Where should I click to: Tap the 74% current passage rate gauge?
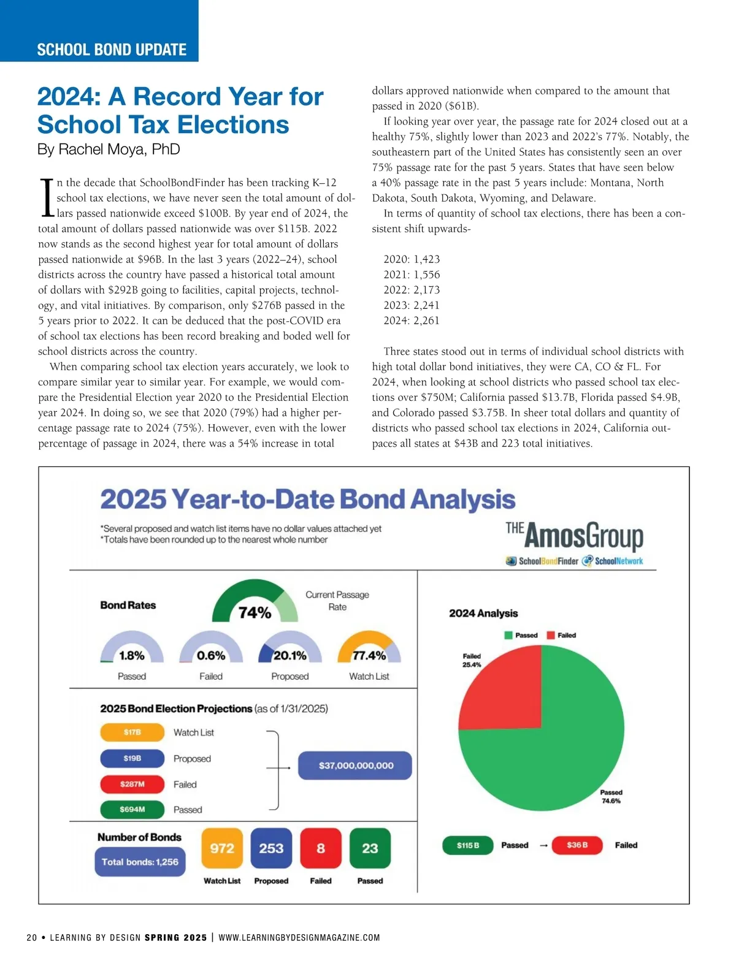255,604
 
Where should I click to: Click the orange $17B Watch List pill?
132,732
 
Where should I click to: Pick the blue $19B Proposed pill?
132,758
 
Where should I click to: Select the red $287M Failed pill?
132,784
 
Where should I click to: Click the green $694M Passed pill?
132,810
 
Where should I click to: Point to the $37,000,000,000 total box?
355,766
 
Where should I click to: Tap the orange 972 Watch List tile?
222,848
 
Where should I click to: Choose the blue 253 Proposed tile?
271,848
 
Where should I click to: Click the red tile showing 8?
321,848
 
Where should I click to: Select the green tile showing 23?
370,848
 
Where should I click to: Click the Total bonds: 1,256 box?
140,862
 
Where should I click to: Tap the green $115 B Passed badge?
468,845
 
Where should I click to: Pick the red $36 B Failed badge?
577,845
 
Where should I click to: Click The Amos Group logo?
575,536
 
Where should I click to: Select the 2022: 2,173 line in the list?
412,290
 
